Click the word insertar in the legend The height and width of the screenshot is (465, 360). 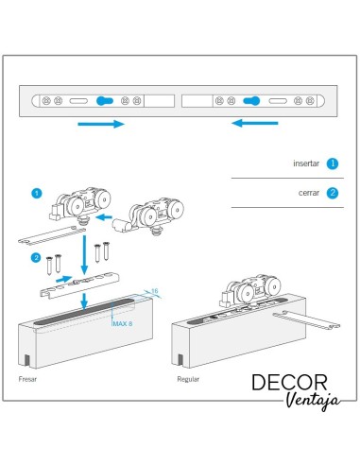(x=306, y=164)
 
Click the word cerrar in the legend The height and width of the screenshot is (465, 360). (x=309, y=193)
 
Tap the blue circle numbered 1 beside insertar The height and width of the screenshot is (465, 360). (x=333, y=164)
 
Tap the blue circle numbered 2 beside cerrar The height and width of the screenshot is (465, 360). (x=333, y=193)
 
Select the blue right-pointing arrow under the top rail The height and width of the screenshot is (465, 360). (x=101, y=124)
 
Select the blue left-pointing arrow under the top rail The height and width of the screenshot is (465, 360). (x=255, y=123)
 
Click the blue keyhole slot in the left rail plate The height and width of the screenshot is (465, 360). (x=105, y=101)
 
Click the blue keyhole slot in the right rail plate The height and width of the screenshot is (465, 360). (x=251, y=101)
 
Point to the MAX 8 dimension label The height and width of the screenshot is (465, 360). (x=123, y=323)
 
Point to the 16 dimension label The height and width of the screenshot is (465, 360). (x=154, y=291)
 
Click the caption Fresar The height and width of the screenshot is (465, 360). (x=27, y=379)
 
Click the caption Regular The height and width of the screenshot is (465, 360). (x=188, y=379)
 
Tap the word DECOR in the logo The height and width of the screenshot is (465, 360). (x=289, y=382)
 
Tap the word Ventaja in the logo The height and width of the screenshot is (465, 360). (x=313, y=401)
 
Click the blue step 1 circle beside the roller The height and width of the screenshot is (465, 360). (x=37, y=193)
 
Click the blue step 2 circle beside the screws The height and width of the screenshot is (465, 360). (x=36, y=258)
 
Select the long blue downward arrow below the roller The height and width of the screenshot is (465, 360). (x=84, y=254)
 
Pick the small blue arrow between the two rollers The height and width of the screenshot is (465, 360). (x=104, y=217)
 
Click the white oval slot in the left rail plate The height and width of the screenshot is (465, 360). (x=78, y=101)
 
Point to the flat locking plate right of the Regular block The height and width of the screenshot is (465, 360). (x=306, y=320)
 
